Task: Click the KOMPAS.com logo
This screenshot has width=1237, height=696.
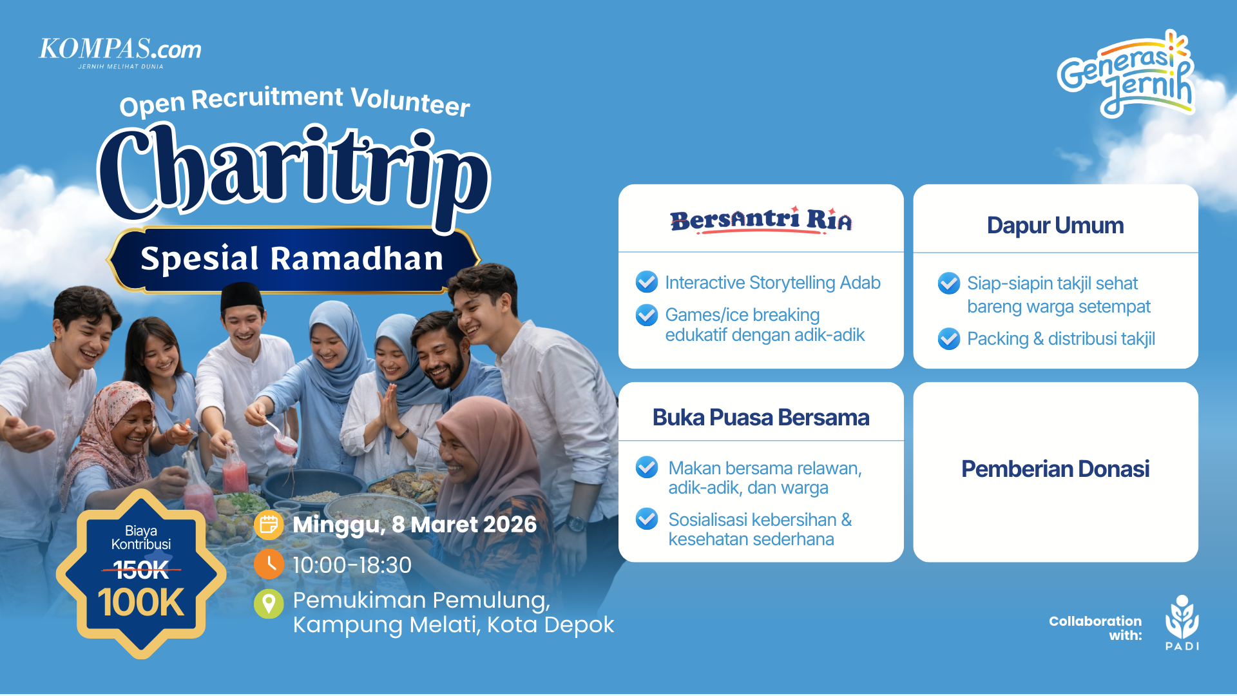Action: click(120, 51)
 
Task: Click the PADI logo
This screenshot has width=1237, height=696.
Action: click(1182, 623)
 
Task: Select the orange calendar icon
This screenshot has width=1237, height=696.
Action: click(269, 525)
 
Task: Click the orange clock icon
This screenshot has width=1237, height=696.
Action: click(269, 565)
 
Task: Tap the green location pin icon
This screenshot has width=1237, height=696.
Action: click(269, 604)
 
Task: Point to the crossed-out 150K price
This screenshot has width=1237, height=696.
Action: click(141, 569)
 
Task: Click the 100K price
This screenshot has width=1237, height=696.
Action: click(141, 603)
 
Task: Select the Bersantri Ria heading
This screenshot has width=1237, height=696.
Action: click(761, 220)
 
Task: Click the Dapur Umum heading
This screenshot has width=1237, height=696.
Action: click(1055, 226)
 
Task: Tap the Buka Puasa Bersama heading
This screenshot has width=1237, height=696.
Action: click(761, 418)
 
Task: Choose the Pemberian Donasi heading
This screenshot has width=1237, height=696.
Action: click(1055, 469)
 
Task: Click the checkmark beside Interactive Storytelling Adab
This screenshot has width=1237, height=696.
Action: click(647, 282)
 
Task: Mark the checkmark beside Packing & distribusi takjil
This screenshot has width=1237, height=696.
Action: click(949, 338)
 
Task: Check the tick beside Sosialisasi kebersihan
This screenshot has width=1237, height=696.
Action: click(647, 519)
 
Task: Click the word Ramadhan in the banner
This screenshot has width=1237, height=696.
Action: click(357, 259)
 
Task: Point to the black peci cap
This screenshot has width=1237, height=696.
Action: click(242, 296)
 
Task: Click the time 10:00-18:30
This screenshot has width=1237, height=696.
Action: click(352, 565)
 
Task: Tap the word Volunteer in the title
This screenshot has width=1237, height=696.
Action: click(410, 101)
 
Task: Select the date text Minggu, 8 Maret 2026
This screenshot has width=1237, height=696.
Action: click(414, 525)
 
